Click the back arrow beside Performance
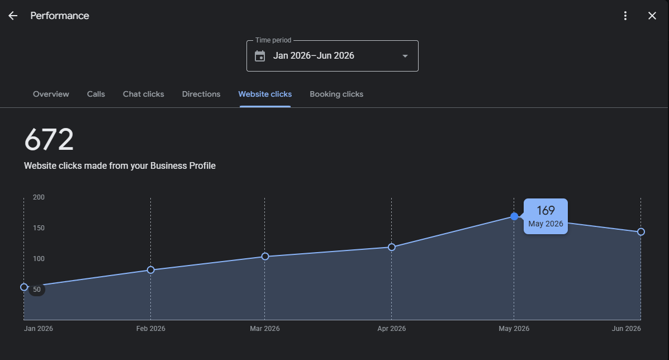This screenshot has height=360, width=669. (13, 16)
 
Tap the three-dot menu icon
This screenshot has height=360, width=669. (625, 16)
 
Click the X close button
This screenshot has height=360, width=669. (652, 16)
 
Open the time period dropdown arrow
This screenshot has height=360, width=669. (405, 56)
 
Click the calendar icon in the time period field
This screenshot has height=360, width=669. (260, 56)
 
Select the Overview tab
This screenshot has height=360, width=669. (51, 94)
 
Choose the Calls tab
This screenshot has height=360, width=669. (96, 94)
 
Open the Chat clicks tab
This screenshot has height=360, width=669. (143, 94)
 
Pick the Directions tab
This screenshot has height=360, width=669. (201, 94)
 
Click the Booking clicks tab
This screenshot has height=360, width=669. (336, 94)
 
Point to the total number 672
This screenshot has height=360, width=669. (49, 140)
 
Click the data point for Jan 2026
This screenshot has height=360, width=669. (25, 287)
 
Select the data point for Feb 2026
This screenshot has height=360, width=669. (150, 270)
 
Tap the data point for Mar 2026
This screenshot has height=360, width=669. (265, 257)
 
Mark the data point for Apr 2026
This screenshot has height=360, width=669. (392, 247)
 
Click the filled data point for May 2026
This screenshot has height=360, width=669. (514, 217)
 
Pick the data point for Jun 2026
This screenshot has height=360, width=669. (641, 232)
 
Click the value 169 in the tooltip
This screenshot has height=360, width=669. (545, 210)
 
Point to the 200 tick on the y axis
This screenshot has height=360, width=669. (39, 197)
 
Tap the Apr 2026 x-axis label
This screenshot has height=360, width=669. (392, 329)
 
